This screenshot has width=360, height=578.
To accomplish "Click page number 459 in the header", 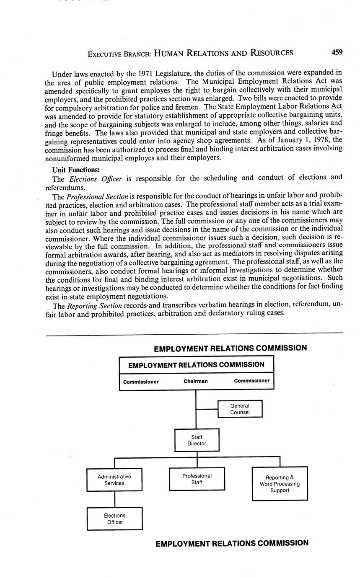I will point(337,52).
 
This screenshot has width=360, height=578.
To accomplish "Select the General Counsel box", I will point(240,409).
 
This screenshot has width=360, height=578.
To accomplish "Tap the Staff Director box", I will point(197,440).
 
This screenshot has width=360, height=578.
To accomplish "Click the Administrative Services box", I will point(114,480).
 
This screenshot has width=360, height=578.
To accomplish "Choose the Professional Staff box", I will point(197,479).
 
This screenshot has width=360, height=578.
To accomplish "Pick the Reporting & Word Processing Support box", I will point(280,484).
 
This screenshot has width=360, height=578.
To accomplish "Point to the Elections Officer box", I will point(114,519).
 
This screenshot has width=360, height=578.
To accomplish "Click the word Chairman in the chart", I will point(195,382).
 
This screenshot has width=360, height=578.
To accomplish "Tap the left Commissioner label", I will point(141,382).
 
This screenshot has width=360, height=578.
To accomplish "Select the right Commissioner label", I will point(251,381).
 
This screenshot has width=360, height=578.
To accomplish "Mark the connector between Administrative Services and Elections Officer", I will point(114,499).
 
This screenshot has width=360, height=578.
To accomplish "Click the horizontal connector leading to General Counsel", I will point(207,409).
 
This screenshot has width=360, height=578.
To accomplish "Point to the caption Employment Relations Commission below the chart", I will point(232,543).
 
